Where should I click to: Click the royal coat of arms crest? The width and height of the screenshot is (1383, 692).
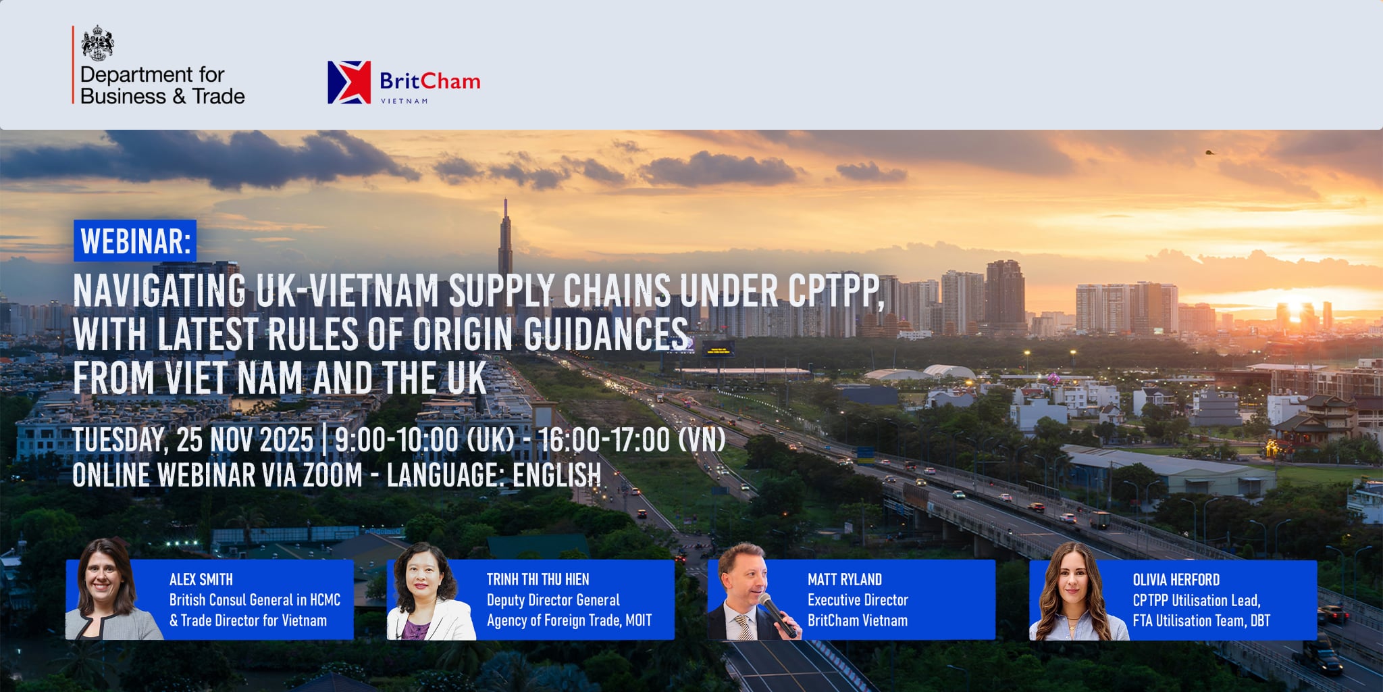[x=97, y=43]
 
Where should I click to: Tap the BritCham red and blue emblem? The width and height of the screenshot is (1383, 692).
[x=349, y=82]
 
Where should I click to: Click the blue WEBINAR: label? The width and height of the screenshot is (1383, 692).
[x=135, y=241]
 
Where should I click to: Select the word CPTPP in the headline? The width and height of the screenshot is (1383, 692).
[x=835, y=291]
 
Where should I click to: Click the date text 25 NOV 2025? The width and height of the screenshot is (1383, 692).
[x=244, y=440]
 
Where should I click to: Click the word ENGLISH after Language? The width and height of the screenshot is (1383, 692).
[x=556, y=475]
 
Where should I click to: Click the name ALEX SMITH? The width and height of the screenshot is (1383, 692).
[x=201, y=580]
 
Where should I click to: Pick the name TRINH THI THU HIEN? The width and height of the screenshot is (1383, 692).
[x=538, y=580]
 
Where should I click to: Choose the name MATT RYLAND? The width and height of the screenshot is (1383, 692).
[x=844, y=580]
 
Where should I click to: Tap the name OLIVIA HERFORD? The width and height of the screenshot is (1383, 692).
[x=1176, y=580]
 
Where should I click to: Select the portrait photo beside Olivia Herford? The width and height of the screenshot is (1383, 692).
[x=1078, y=591]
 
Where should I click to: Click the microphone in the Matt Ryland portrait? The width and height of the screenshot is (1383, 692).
[x=777, y=614]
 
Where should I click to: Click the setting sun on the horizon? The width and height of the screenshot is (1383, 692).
[x=1295, y=308]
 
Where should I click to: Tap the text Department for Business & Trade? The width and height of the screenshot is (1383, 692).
[x=162, y=85]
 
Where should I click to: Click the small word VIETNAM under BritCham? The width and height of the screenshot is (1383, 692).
[x=404, y=101]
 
